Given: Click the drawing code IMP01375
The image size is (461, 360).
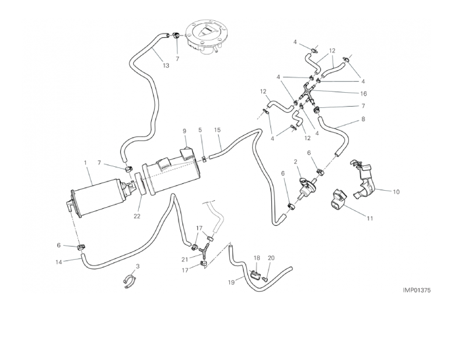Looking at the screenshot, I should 420,289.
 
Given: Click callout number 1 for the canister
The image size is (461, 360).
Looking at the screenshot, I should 85,162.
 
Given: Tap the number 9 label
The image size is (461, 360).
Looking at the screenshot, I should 184,131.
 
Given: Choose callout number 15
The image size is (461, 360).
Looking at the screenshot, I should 218,130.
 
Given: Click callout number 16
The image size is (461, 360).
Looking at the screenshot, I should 363,93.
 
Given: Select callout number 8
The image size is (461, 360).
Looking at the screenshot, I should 363,120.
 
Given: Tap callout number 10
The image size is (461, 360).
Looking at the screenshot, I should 396,191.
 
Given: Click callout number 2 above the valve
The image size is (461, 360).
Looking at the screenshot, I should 296,162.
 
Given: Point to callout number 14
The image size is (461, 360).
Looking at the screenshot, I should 58,262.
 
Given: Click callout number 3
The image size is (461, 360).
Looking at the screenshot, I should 138,266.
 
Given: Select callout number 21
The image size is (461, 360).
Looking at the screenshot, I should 184,259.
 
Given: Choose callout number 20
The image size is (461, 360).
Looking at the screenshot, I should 271,257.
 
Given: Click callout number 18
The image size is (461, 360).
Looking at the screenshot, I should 256,257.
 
